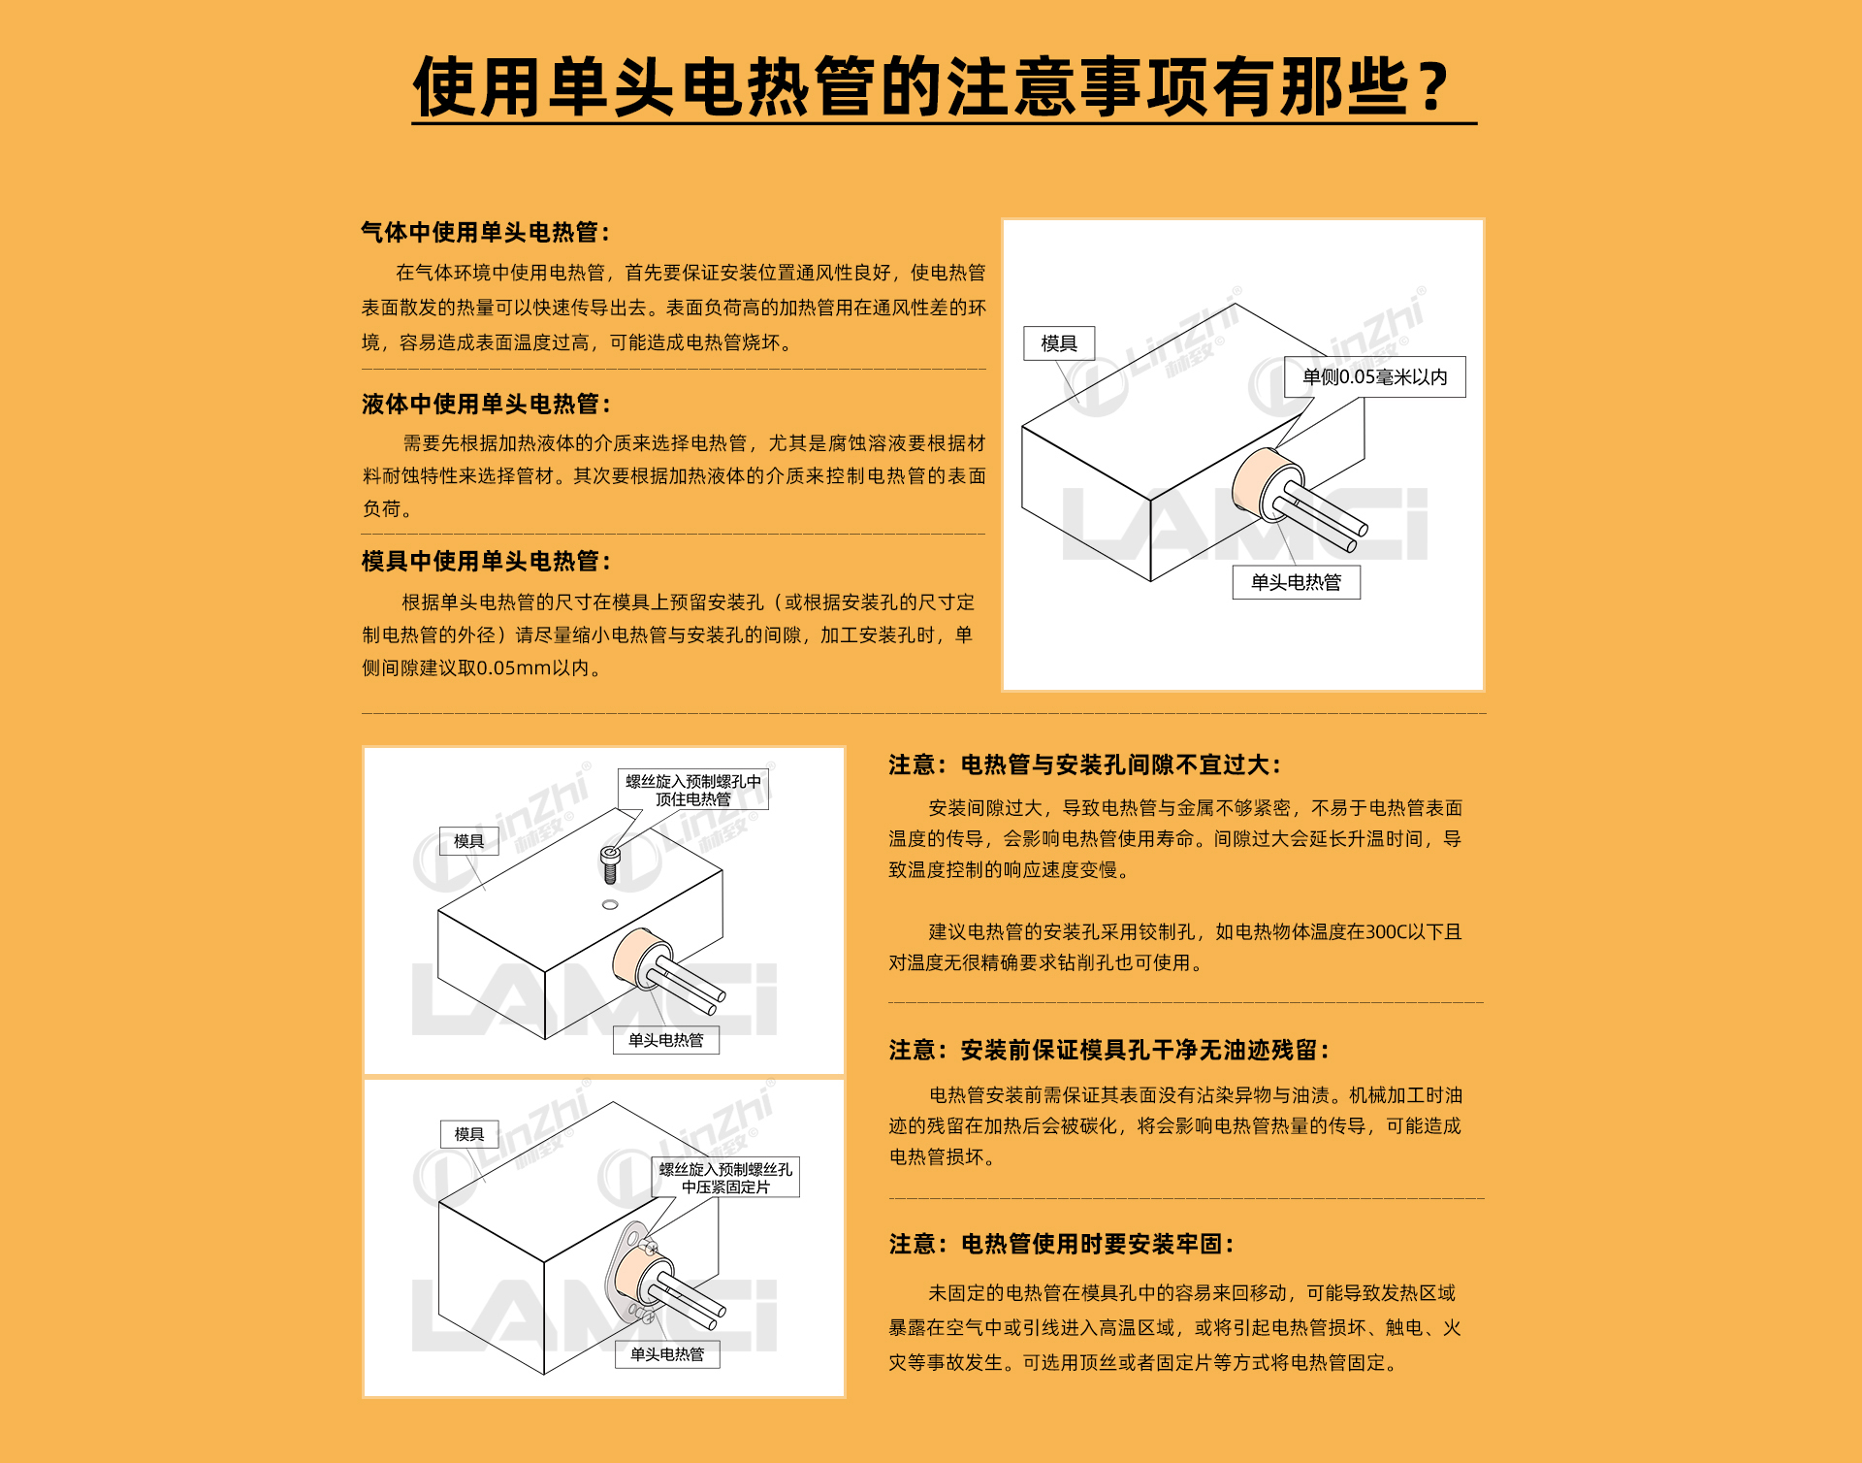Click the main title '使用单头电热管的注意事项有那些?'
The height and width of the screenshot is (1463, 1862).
tap(931, 86)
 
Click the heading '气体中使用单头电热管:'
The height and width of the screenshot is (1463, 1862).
tap(486, 233)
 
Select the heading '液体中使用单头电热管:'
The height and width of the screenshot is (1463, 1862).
tap(486, 405)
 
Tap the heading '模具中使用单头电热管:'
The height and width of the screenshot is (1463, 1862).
tap(486, 562)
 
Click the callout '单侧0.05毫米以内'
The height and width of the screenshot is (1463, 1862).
tap(1375, 377)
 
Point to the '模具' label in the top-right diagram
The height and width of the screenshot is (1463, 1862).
tap(1059, 343)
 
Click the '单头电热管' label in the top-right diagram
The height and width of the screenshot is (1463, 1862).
tap(1297, 582)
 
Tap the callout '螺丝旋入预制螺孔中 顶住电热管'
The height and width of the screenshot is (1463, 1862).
tap(693, 790)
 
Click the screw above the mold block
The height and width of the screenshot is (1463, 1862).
tap(610, 863)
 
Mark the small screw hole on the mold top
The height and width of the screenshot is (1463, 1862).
tap(610, 904)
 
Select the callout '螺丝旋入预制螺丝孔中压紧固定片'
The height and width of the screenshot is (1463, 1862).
tap(725, 1178)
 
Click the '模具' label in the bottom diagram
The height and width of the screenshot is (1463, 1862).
tap(469, 1134)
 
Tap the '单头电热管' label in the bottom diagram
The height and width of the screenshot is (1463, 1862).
tap(667, 1354)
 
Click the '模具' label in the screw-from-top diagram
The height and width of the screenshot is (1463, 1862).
tap(469, 841)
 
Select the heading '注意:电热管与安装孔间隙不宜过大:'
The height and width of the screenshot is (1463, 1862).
tap(1085, 765)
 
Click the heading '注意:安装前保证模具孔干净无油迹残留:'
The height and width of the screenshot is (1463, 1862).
tap(1109, 1051)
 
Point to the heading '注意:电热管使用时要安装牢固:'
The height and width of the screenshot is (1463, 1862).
tap(1062, 1245)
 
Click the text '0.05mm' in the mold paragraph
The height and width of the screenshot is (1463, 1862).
tap(514, 668)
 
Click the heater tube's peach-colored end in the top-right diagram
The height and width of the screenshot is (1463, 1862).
tap(1258, 482)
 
